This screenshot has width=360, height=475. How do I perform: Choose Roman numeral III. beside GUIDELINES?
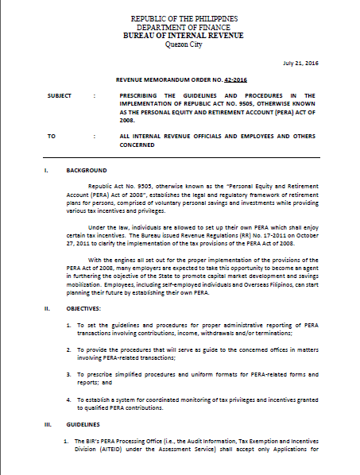point(47,425)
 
